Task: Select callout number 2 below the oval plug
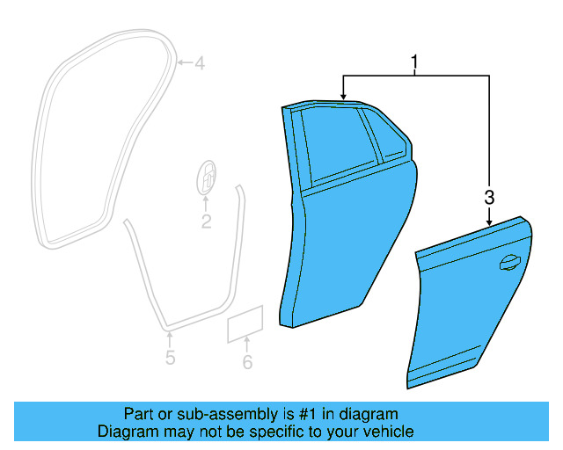[206, 222]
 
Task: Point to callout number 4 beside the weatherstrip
[199, 63]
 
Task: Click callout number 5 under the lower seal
[170, 358]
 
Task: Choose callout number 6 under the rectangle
[247, 362]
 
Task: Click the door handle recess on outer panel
[508, 260]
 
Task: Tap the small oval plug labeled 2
[206, 178]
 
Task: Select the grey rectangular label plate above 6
[246, 324]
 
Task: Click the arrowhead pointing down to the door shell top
[343, 93]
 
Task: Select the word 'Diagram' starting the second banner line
[125, 432]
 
